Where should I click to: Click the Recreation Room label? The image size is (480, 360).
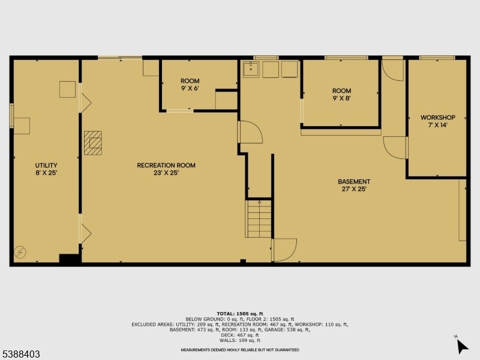click(x=166, y=169)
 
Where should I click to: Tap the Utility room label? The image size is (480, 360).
click(x=46, y=169)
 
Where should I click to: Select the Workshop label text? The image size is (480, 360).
click(x=438, y=121)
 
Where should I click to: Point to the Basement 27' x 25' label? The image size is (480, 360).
click(x=354, y=185)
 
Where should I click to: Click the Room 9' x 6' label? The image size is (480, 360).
click(x=190, y=85)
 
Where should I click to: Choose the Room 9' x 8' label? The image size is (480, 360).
click(x=341, y=95)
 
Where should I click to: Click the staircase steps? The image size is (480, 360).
click(x=259, y=218)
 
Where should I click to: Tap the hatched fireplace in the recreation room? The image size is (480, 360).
click(x=93, y=143)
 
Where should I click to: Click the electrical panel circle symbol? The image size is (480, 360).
click(x=20, y=252)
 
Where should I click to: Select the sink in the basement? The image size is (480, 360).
click(x=251, y=70)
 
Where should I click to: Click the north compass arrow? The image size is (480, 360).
click(x=462, y=347)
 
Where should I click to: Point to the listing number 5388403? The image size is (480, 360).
click(x=20, y=354)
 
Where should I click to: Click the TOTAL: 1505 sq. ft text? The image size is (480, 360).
click(x=240, y=313)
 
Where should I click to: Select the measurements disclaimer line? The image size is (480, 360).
click(x=240, y=350)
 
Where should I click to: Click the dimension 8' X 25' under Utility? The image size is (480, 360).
click(x=46, y=173)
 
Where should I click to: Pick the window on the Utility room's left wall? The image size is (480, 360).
click(x=11, y=115)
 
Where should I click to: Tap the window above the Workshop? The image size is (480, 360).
click(x=437, y=58)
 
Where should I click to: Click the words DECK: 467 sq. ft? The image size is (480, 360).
click(x=240, y=335)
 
